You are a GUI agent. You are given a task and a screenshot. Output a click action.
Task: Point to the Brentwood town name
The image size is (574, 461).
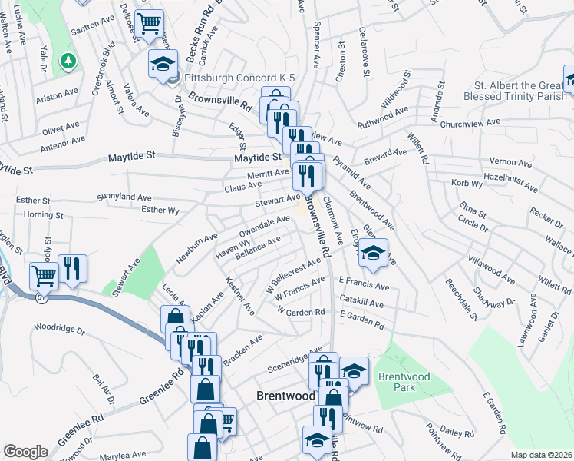[x=285, y=395]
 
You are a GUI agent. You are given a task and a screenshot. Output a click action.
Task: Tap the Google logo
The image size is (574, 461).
[x=25, y=452]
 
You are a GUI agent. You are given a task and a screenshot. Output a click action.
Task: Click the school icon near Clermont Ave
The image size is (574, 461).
[x=373, y=253]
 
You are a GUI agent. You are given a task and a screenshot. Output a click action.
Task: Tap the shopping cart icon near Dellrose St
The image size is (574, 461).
[x=148, y=22]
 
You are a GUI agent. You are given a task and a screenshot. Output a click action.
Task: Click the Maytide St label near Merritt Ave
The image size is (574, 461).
[x=256, y=158]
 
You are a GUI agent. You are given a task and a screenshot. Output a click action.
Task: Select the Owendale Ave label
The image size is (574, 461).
[x=265, y=224]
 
